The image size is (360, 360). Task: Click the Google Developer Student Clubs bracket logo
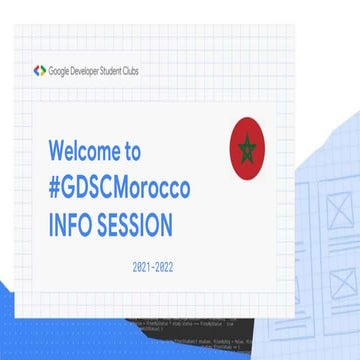click(x=40, y=71)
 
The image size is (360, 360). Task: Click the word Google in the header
click(x=60, y=71)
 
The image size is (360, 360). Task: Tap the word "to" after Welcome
click(x=132, y=151)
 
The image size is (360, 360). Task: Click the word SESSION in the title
click(x=136, y=225)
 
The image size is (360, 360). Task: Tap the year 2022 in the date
click(x=172, y=268)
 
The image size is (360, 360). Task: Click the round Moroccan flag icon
click(x=246, y=148)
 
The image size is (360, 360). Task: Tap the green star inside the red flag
click(x=246, y=149)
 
